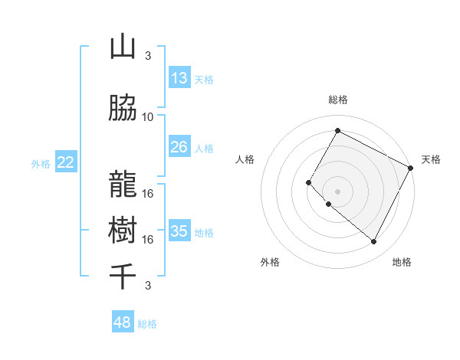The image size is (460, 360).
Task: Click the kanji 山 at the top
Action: (123, 47)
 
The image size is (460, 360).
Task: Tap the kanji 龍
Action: (123, 185)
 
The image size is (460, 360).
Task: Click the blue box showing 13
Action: (179, 78)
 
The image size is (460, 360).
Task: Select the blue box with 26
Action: (179, 147)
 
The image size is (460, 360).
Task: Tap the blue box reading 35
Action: (179, 231)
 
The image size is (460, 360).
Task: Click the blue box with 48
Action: (123, 322)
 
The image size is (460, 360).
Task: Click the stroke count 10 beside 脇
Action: (148, 116)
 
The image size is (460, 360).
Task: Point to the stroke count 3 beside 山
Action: (148, 55)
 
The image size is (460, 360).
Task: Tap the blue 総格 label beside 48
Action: (147, 324)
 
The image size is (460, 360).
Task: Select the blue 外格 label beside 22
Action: (41, 163)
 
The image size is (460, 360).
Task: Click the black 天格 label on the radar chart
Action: (431, 159)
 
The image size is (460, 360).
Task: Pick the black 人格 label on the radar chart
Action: (245, 159)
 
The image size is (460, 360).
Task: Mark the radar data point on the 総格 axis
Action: (337, 130)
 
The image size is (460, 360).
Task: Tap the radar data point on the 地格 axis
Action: (374, 242)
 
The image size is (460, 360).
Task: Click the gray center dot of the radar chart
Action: (337, 191)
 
